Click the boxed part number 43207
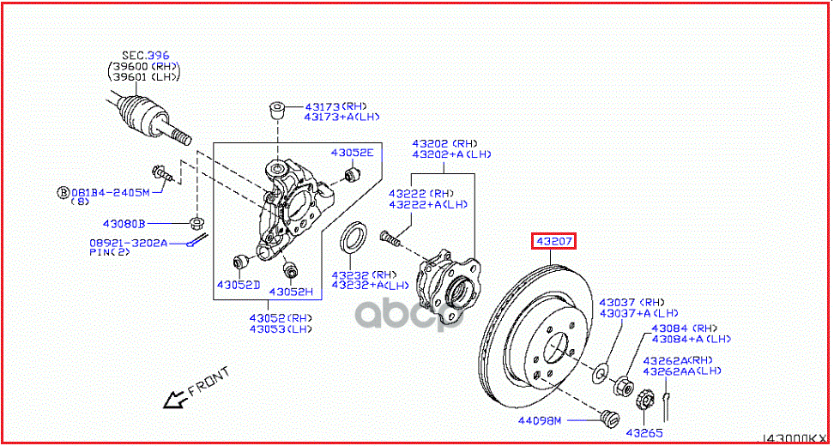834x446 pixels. (553, 242)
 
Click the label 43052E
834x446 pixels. (353, 153)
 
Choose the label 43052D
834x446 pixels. (237, 284)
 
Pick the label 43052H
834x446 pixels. (291, 292)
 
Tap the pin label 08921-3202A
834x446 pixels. (128, 243)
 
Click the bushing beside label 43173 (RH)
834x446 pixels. (277, 111)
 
